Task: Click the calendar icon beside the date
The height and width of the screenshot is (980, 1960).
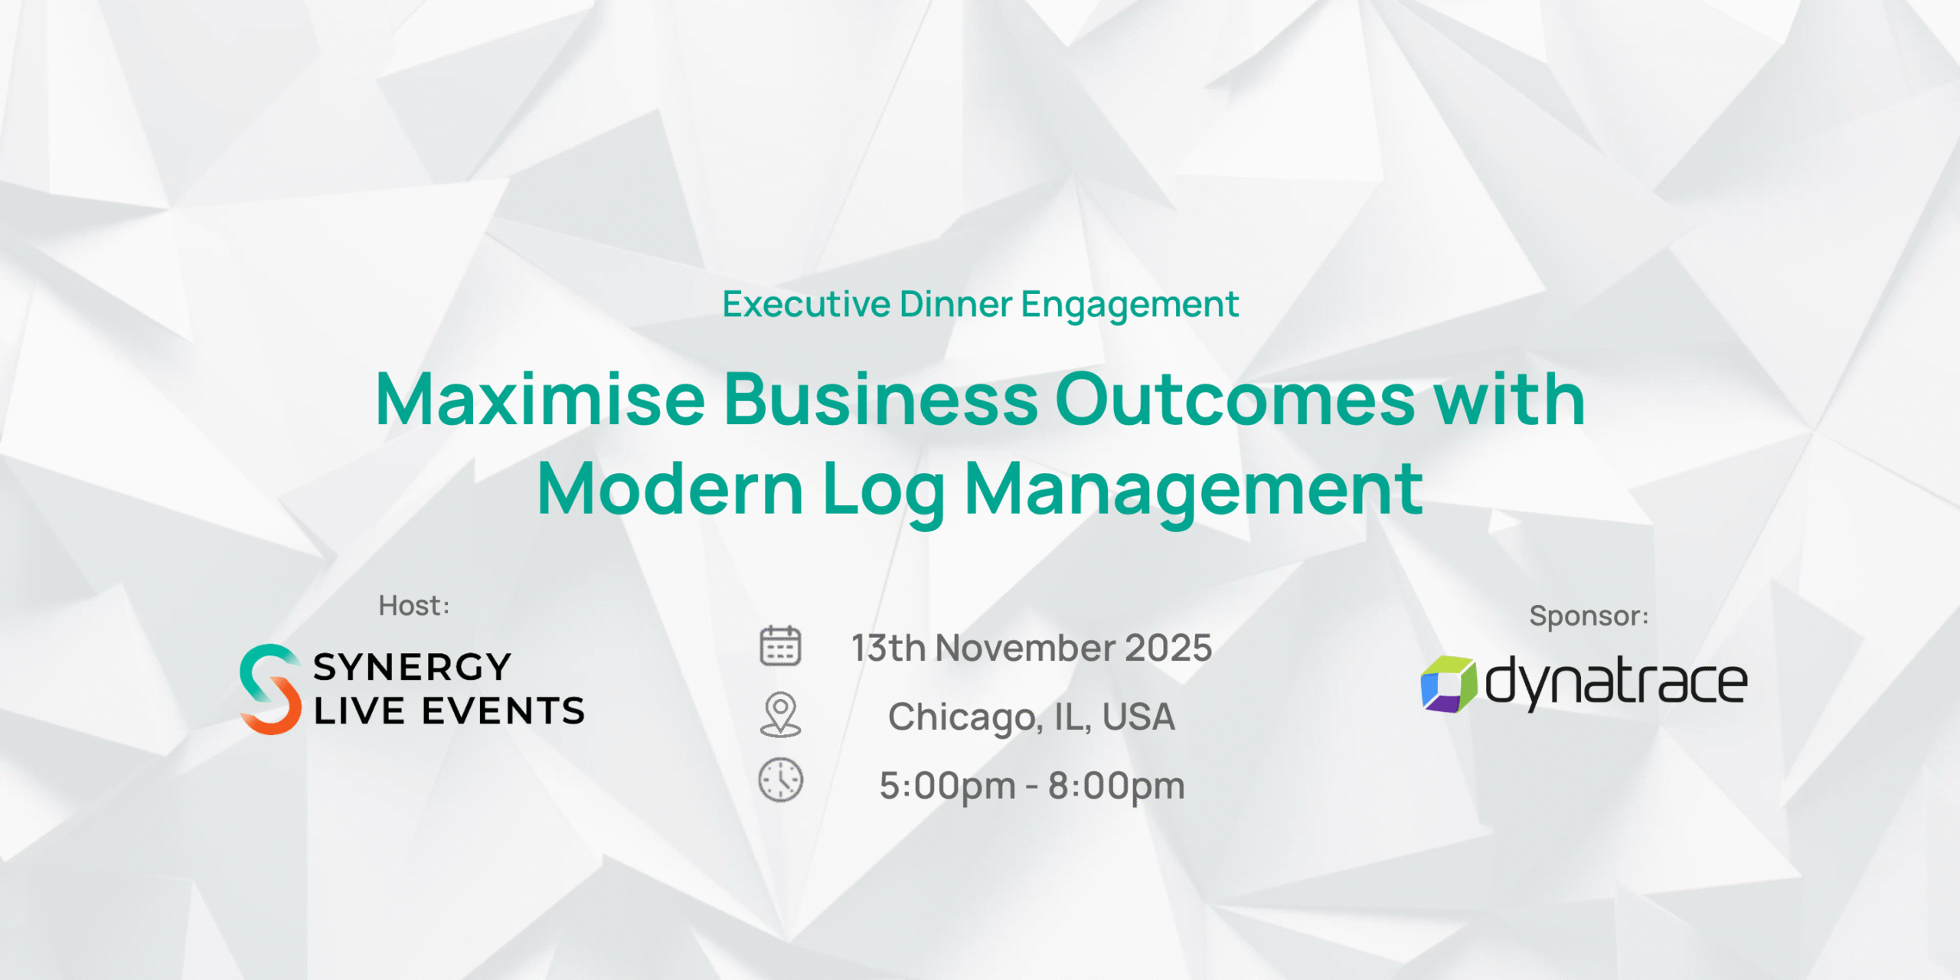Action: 780,645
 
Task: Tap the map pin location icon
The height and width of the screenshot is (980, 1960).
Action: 780,715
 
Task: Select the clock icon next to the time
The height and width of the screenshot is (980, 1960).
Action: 780,780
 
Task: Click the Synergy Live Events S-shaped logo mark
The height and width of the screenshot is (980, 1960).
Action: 270,689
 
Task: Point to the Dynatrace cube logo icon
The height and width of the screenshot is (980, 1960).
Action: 1448,684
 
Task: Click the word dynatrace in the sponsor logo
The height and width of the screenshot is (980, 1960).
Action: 1616,681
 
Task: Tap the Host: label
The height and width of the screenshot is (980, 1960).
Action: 414,606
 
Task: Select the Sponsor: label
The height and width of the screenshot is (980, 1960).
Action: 1589,616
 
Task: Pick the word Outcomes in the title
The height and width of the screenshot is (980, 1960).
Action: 1236,399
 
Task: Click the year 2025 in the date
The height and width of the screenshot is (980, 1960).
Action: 1168,648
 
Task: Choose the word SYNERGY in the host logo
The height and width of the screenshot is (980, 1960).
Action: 412,667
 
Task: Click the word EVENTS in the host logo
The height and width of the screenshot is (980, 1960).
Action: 503,711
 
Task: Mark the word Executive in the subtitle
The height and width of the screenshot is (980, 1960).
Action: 806,304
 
